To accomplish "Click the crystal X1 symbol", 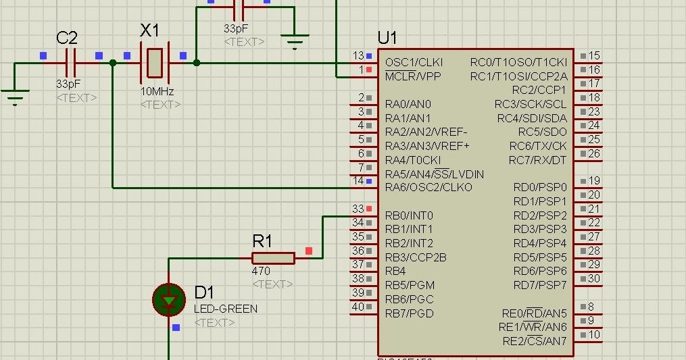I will pyautogui.click(x=155, y=63).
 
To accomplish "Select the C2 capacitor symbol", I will pyautogui.click(x=71, y=63).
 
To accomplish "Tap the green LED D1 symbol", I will pyautogui.click(x=169, y=299).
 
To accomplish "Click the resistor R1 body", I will pyautogui.click(x=273, y=258).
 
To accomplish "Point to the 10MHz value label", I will pyautogui.click(x=157, y=91).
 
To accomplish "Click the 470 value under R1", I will pyautogui.click(x=261, y=271).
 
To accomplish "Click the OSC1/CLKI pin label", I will pyautogui.click(x=414, y=62).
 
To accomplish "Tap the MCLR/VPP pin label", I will pyautogui.click(x=413, y=76).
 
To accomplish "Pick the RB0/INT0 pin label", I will pyautogui.click(x=409, y=215).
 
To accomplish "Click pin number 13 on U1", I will pyautogui.click(x=358, y=55).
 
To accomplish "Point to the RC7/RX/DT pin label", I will pyautogui.click(x=537, y=160).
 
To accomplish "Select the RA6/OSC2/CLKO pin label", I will pyautogui.click(x=428, y=187).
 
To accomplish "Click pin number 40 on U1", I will pyautogui.click(x=358, y=307).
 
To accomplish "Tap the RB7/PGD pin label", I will pyautogui.click(x=409, y=313).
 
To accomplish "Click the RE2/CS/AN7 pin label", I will pyautogui.click(x=535, y=341).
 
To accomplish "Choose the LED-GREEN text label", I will pyautogui.click(x=226, y=309).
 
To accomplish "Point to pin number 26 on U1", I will pyautogui.click(x=594, y=153).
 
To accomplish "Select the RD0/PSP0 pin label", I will pyautogui.click(x=540, y=187).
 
